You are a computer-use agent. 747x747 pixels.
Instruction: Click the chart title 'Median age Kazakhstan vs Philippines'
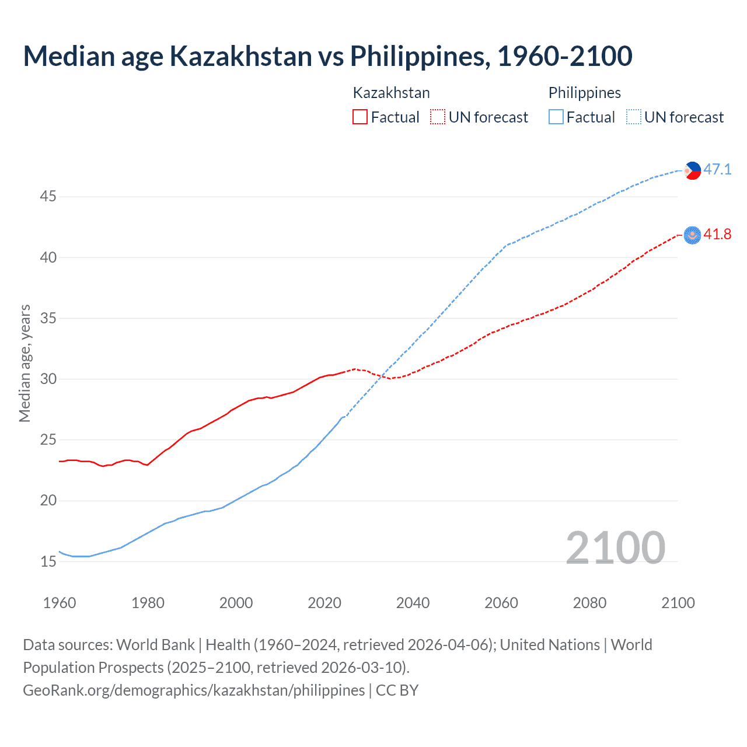[327, 56]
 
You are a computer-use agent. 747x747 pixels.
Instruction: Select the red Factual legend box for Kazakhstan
[360, 117]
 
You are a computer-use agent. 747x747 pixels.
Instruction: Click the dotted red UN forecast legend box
[438, 117]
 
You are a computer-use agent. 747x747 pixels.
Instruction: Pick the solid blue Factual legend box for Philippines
[556, 117]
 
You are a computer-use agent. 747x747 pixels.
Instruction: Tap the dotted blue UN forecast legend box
[634, 117]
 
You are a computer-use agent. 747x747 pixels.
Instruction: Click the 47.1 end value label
[717, 169]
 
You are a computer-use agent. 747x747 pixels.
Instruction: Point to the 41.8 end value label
[717, 234]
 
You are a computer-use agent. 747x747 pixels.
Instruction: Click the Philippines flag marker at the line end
[692, 170]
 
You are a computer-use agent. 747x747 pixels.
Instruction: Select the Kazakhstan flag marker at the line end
[692, 235]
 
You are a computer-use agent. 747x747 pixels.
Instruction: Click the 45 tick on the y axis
[48, 197]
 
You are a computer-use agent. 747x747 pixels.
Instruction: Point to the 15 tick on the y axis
[48, 562]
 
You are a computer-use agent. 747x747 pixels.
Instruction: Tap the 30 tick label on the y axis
[48, 379]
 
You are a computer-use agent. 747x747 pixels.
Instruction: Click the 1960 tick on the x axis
[60, 603]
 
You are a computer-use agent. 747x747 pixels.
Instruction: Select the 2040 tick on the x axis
[413, 603]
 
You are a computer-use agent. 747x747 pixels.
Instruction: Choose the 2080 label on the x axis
[589, 603]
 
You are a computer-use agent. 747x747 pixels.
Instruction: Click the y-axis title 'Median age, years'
[25, 363]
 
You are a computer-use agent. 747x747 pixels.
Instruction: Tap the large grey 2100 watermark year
[615, 547]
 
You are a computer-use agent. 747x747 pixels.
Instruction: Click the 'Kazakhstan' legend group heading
[391, 93]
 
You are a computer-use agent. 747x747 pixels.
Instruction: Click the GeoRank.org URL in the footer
[194, 690]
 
